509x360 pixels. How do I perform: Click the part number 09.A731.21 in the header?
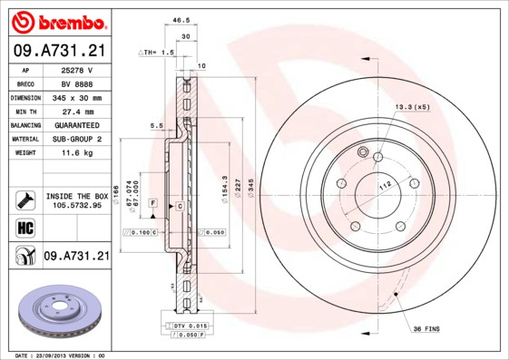coord(58,51)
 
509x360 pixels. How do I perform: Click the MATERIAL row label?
coord(24,139)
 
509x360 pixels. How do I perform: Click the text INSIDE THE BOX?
coord(76,196)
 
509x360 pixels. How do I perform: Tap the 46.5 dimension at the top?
coord(181,19)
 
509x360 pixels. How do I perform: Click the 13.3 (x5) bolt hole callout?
coord(410,107)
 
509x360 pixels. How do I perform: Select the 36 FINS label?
coord(426,327)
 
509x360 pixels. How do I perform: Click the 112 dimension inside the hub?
coord(385,185)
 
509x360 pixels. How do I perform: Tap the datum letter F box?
coord(153,201)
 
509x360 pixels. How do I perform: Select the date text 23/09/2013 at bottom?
coord(59,355)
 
